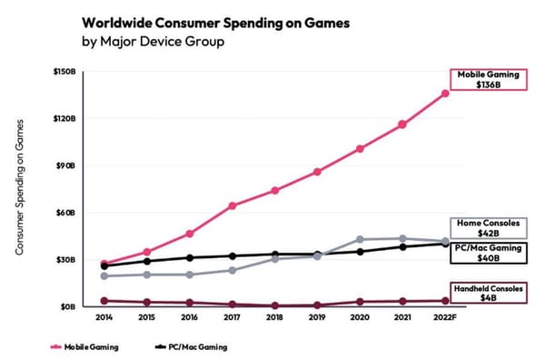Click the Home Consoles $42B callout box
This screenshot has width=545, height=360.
(x=488, y=227)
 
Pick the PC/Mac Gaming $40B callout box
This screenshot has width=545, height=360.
(x=488, y=252)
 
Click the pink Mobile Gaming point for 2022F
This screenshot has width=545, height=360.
(x=444, y=93)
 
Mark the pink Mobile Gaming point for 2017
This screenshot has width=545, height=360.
(x=233, y=205)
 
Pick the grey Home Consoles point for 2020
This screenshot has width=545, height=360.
(x=360, y=239)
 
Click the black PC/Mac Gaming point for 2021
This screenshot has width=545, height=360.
(x=401, y=246)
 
